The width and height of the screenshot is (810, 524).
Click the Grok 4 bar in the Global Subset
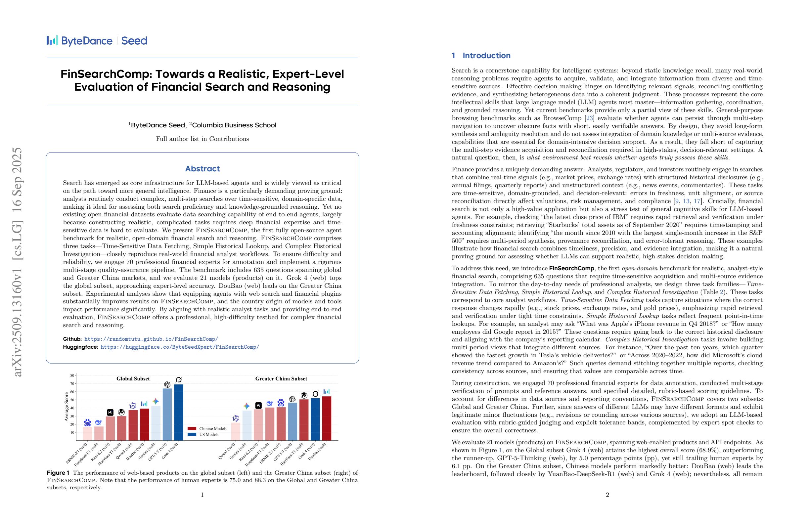click(x=178, y=413)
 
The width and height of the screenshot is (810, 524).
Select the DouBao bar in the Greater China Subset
click(x=326, y=418)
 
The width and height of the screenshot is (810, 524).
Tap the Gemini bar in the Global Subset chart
click(x=156, y=423)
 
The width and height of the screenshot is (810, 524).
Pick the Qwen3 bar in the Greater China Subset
click(x=236, y=431)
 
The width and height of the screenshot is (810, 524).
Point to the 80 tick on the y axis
click(x=72, y=376)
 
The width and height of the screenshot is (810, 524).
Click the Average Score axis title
click(x=67, y=407)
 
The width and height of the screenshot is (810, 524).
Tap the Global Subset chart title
click(x=133, y=379)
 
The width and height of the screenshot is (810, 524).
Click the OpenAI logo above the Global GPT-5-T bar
click(x=167, y=384)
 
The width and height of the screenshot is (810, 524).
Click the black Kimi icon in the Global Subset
click(x=110, y=413)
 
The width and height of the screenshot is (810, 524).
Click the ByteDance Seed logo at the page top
click(x=97, y=41)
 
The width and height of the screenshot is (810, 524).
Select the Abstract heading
click(x=202, y=169)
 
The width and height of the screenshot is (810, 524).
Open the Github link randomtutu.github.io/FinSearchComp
click(x=151, y=339)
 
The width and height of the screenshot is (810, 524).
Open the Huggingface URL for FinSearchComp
click(x=180, y=347)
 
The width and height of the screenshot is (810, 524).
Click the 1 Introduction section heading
click(x=481, y=56)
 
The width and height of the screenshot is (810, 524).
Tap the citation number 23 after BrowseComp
click(x=589, y=118)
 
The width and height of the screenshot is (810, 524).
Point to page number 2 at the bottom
click(x=607, y=495)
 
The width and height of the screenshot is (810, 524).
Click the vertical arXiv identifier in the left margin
click(x=17, y=262)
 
